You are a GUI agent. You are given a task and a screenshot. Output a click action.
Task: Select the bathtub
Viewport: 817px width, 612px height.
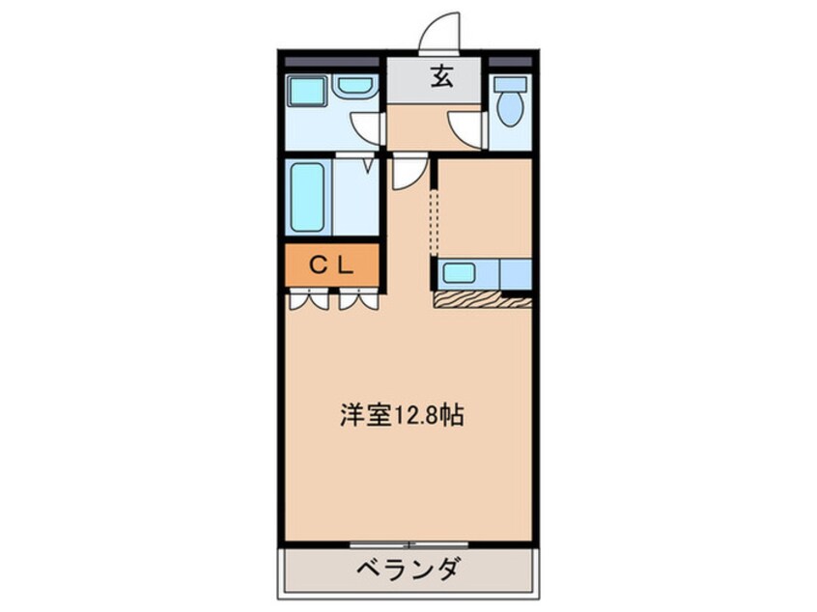click(308, 198)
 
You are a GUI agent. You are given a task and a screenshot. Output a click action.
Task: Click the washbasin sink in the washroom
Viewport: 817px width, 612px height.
click(355, 87)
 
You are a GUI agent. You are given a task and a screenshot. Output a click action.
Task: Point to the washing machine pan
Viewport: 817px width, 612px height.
click(307, 94)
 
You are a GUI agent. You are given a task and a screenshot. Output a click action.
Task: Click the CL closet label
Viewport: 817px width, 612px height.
click(332, 263)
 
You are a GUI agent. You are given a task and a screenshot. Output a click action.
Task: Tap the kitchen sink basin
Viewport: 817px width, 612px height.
click(459, 273)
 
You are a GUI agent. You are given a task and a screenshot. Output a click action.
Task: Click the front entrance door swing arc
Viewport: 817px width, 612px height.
click(438, 30)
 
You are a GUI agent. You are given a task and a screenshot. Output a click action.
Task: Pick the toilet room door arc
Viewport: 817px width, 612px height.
click(467, 129)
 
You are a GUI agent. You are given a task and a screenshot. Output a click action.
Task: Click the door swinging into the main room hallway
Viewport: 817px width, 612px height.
click(406, 174)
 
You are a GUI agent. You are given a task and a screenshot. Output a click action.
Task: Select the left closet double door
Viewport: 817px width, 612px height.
click(307, 299)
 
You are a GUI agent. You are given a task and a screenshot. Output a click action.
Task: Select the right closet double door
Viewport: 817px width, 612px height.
click(359, 299)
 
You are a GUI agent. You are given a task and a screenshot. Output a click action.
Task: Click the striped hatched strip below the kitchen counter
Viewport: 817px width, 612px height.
click(482, 300)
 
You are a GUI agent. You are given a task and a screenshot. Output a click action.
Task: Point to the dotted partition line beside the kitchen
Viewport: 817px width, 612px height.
click(433, 222)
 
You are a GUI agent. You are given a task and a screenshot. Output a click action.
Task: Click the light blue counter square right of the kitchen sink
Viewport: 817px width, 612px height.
click(516, 274)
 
